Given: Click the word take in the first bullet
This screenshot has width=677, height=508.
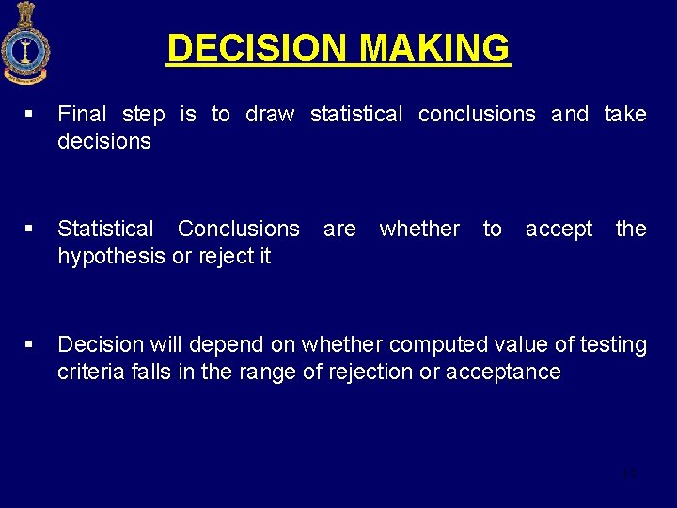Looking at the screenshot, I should pos(625,114).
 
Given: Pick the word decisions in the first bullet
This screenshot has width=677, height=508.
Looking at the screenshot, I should pos(103,141).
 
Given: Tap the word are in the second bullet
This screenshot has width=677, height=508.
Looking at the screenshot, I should pos(339,229).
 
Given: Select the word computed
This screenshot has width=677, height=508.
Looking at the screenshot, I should pos(435,344).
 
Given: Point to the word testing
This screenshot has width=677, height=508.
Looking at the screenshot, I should pos(613,344).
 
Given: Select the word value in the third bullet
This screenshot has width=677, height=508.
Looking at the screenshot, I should pos(518,344).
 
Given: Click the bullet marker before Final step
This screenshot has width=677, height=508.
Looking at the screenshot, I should pos(30,115).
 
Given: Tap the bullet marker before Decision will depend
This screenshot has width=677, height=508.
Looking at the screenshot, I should pos(30,345).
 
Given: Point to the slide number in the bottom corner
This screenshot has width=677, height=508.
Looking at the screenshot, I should pos(629,474).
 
